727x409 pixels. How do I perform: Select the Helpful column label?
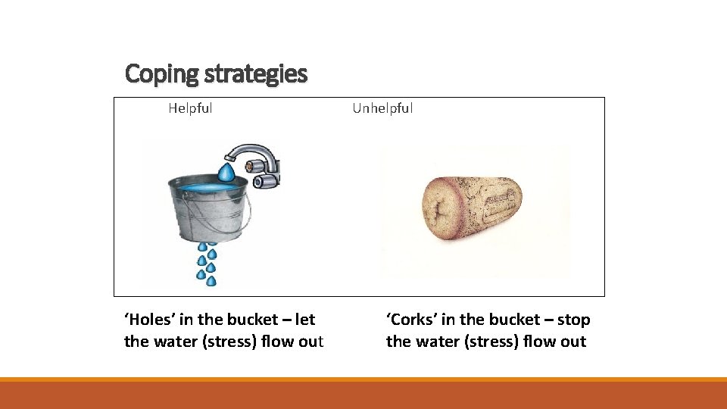tap(190, 108)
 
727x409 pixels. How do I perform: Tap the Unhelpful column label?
tap(382, 108)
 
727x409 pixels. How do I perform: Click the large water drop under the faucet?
tap(225, 170)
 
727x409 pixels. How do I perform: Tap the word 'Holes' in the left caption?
tap(149, 320)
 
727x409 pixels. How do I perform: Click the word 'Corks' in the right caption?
tap(412, 320)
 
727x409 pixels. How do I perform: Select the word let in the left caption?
tap(305, 320)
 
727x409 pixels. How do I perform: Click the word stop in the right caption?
tap(573, 320)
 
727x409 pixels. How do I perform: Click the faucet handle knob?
tap(266, 181)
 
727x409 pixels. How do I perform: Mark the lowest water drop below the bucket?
tap(211, 281)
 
